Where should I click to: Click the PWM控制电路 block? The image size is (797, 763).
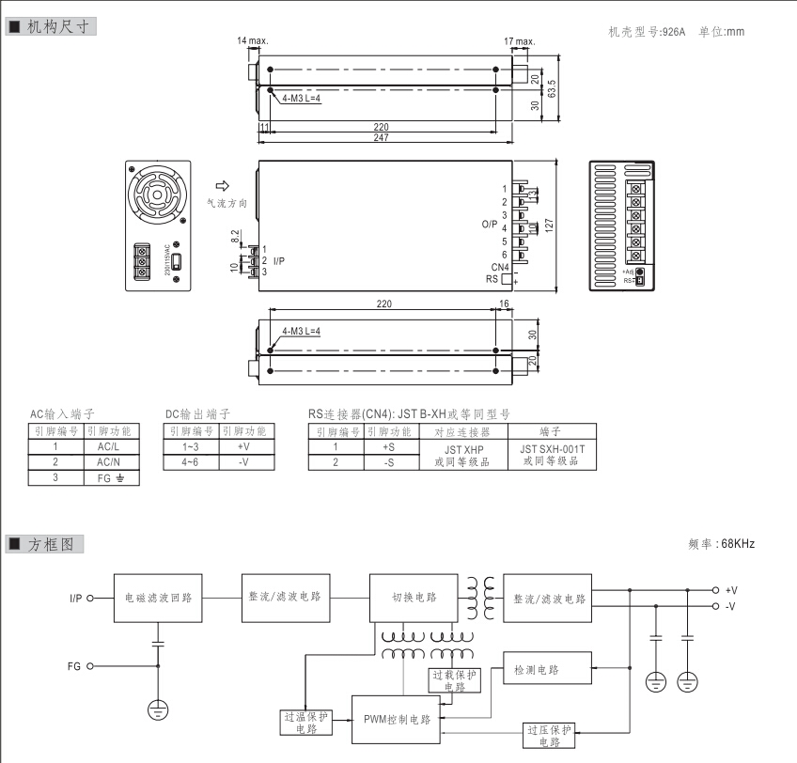397,720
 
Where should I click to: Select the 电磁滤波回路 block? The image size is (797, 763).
159,597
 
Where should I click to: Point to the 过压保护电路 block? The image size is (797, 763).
550,735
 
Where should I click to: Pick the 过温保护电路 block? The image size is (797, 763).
306,721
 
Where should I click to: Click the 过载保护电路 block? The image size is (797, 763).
455,679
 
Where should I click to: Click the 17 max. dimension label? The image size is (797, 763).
519,41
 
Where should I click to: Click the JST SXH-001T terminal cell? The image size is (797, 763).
552,455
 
